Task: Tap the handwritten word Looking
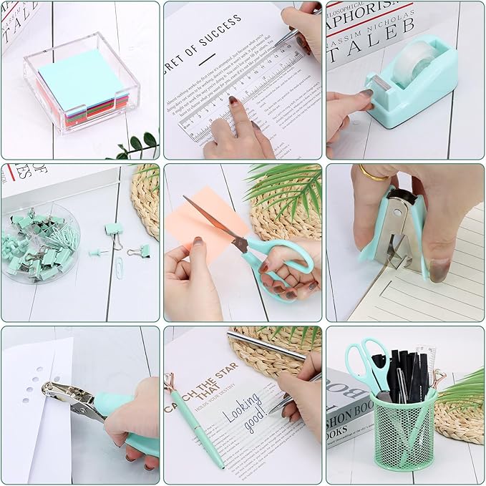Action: (x=240, y=409)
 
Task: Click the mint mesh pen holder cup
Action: (x=404, y=437)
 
